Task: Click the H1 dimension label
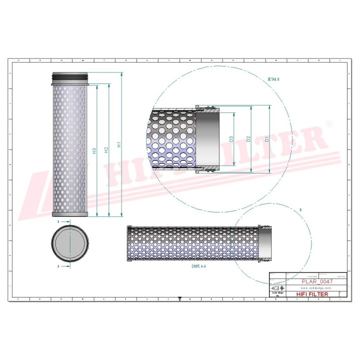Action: pyautogui.click(x=118, y=145)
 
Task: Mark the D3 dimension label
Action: pyautogui.click(x=231, y=139)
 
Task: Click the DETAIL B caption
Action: pyautogui.click(x=273, y=79)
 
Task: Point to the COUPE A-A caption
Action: pyautogui.click(x=198, y=267)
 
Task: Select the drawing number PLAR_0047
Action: pyautogui.click(x=316, y=281)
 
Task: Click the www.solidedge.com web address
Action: pyautogui.click(x=317, y=288)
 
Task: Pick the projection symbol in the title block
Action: pyautogui.click(x=278, y=288)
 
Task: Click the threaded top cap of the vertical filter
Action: pyautogui.click(x=70, y=77)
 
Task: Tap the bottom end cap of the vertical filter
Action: pyautogui.click(x=70, y=214)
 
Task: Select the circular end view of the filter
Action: pyautogui.click(x=70, y=242)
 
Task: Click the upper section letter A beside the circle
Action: pyautogui.click(x=59, y=220)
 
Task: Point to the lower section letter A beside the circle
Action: pyautogui.click(x=59, y=267)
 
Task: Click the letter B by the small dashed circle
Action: pyautogui.click(x=299, y=208)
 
